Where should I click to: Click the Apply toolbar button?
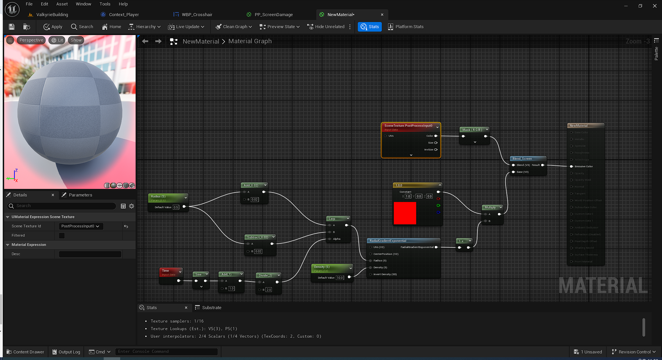[53, 27]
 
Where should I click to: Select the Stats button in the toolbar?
[370, 27]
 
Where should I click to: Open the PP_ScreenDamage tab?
[273, 15]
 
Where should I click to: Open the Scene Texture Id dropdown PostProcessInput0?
[80, 226]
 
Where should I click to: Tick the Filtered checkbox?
[62, 236]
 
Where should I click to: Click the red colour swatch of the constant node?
[405, 213]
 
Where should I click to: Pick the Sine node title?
[198, 274]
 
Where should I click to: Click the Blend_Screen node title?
[522, 159]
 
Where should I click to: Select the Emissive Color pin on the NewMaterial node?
[572, 167]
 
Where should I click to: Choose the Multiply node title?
[490, 207]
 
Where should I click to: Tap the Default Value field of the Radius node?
[176, 207]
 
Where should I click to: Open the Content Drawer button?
[25, 352]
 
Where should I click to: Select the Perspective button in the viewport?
[31, 40]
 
